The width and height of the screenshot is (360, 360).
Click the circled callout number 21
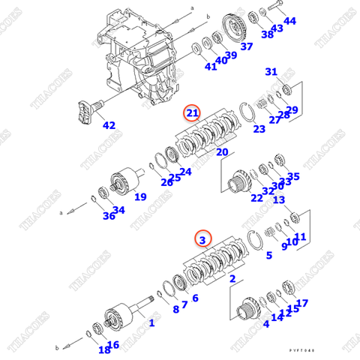[193, 113]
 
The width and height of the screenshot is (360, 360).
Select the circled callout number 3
[202, 239]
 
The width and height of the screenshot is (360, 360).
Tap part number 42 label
[109, 125]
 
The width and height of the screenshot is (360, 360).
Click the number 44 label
[289, 22]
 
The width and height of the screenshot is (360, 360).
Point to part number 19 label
[139, 197]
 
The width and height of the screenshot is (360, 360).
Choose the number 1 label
[151, 323]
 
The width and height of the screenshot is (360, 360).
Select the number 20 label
[221, 152]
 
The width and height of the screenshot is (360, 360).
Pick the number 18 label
[103, 349]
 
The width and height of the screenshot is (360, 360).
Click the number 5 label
[268, 256]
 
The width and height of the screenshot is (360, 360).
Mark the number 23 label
[259, 129]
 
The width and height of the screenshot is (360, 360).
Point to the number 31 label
[271, 72]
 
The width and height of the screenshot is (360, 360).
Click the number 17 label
[302, 303]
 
